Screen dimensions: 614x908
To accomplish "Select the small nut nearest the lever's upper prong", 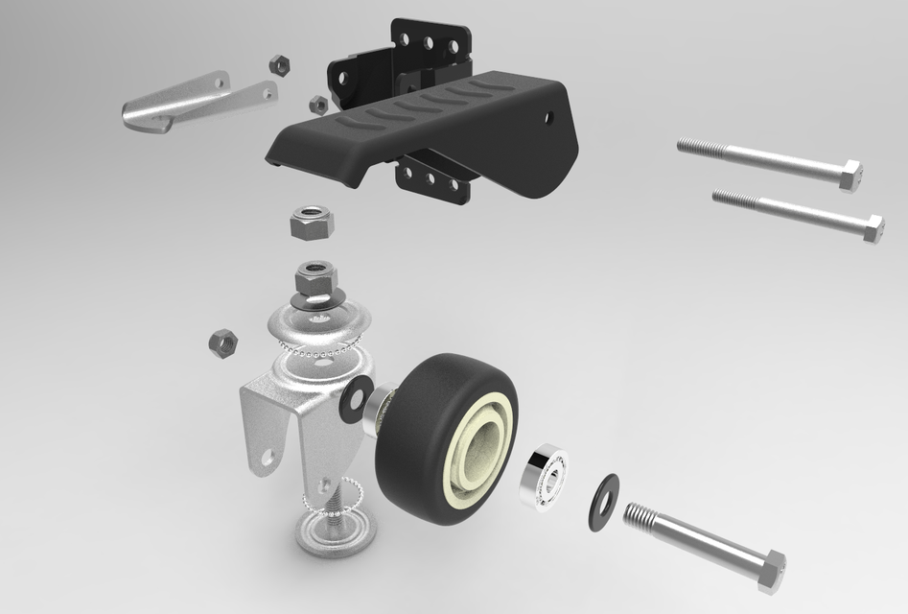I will coord(280,65).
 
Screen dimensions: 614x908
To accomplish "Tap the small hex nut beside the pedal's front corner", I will coord(317,103).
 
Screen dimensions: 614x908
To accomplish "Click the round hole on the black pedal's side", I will coord(549,118).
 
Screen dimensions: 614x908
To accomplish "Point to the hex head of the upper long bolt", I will coord(850,177).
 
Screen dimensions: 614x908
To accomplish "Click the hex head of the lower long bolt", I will coord(873,229).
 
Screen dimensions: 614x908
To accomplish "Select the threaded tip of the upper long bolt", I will coord(692,147).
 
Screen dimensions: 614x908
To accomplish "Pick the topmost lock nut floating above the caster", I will coord(311,224).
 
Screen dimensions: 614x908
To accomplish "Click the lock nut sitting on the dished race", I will coord(314,280).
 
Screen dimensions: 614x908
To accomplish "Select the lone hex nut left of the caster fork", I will coord(222,342).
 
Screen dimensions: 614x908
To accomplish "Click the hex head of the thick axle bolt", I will coord(769,571).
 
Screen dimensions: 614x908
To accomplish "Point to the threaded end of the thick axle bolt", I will coord(641,518).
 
